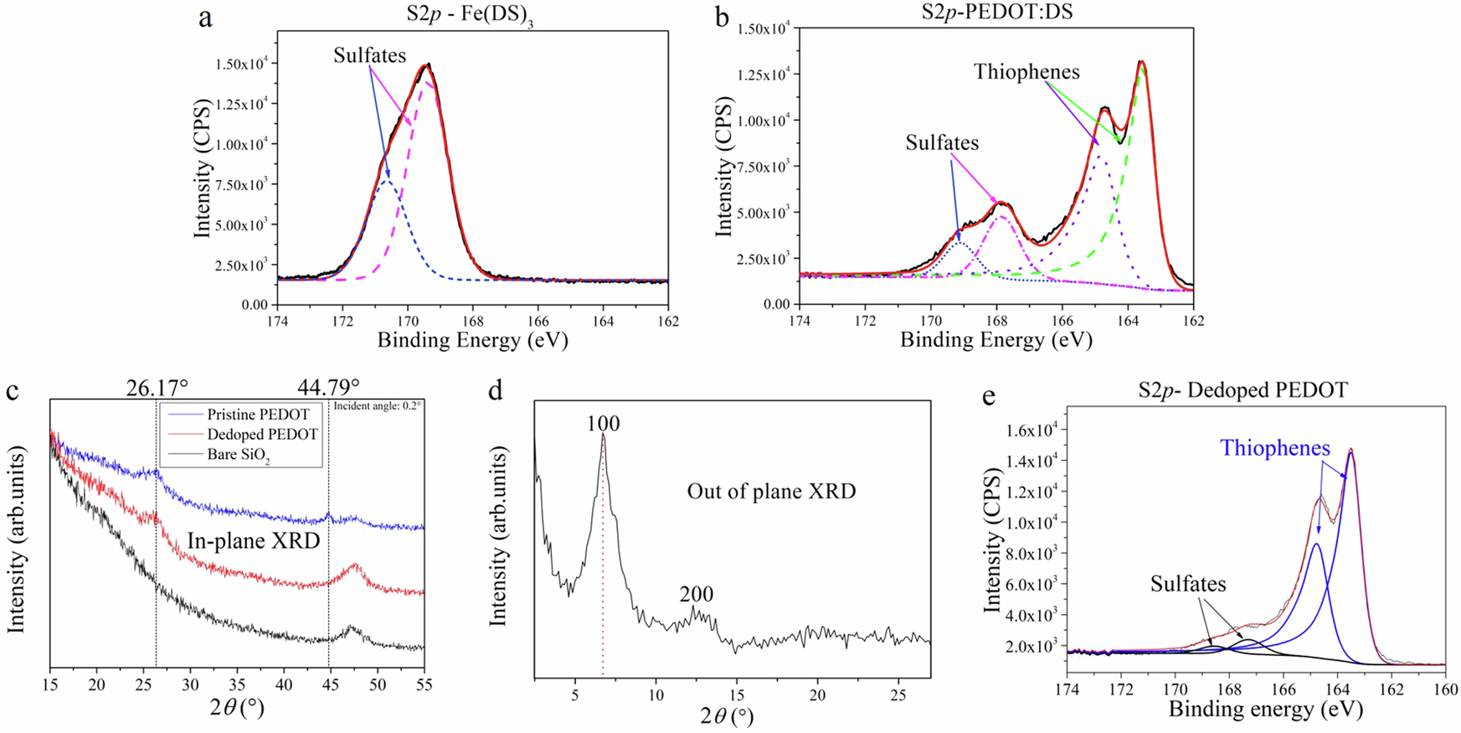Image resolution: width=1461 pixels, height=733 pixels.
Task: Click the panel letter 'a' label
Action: click(205, 18)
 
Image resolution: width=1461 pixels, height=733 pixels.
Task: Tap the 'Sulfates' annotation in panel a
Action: click(369, 56)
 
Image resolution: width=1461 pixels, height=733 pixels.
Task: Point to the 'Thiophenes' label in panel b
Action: click(1026, 72)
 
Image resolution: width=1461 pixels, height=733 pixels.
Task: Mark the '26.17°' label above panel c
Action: click(157, 387)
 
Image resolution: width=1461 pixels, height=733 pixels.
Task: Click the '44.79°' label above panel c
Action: click(328, 387)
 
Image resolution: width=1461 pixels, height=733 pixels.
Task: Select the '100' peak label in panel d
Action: click(603, 424)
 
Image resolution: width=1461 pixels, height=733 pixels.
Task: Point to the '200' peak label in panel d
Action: click(696, 595)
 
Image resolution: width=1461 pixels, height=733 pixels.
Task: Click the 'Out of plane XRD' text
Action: click(771, 492)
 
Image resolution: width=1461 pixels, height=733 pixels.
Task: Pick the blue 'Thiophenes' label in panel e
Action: click(1274, 448)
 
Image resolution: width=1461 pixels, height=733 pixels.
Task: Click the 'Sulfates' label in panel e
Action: click(1187, 584)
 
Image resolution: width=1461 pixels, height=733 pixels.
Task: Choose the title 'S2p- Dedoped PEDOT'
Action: click(1242, 390)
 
